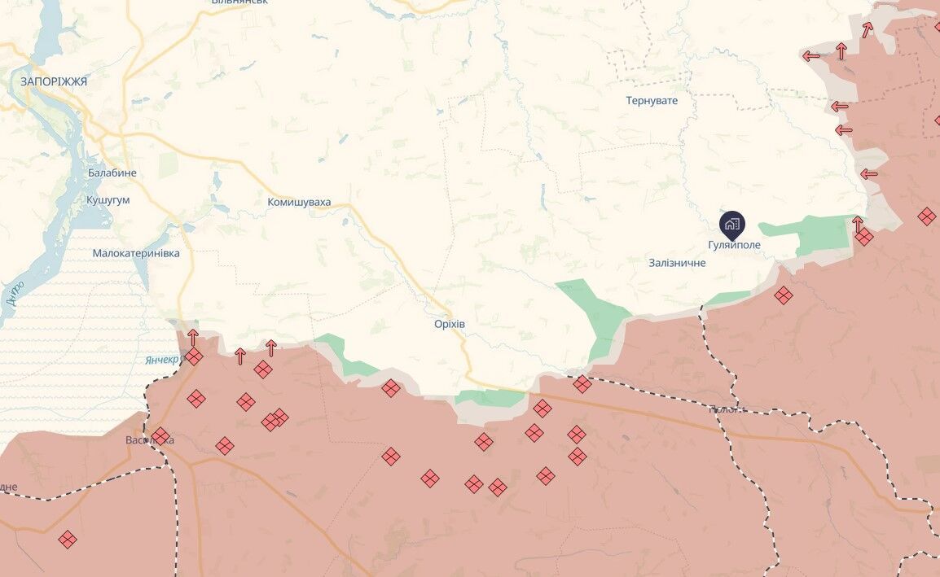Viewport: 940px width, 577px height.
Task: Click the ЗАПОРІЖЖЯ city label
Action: point(54,81)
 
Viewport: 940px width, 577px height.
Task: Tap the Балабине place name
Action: point(112,173)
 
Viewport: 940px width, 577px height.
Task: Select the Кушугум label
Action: point(108,199)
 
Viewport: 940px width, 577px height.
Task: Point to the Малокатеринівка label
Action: point(136,253)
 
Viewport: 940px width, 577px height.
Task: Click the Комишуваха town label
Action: point(299,202)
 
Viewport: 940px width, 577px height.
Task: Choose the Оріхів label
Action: point(450,323)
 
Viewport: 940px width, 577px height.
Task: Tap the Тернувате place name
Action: point(652,101)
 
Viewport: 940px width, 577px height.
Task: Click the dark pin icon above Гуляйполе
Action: point(731,224)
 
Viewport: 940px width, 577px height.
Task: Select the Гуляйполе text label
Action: point(734,244)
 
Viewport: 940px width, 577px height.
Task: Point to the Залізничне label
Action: point(677,263)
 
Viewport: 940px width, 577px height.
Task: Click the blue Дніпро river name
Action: point(14,293)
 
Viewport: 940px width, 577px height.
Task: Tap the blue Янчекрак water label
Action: point(162,360)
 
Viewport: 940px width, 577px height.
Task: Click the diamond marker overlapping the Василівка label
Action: point(160,436)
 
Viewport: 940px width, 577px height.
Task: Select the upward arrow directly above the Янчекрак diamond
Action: point(193,336)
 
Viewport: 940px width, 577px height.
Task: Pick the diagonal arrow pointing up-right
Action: point(868,29)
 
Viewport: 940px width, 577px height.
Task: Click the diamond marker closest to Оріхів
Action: point(391,388)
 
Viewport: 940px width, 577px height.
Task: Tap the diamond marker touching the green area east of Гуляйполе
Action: point(864,237)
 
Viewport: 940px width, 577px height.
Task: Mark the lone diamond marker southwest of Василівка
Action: point(68,539)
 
